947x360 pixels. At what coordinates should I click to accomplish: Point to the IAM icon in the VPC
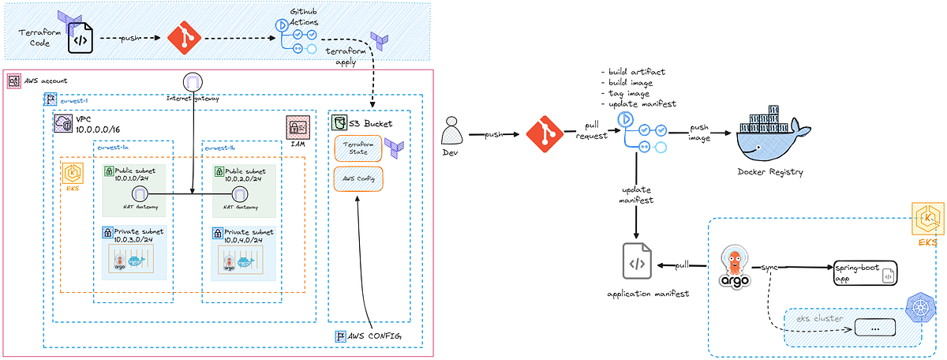(297, 128)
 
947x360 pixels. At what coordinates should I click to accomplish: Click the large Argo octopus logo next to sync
(736, 268)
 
